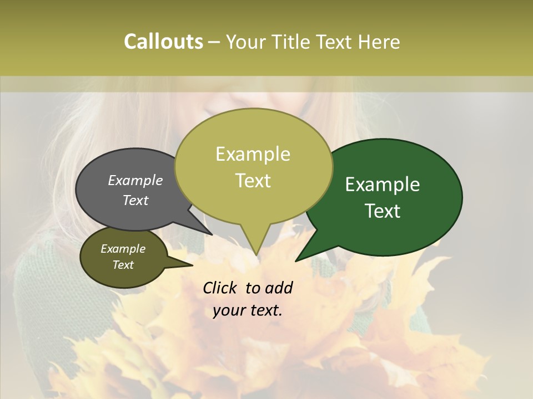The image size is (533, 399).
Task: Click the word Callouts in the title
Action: (163, 42)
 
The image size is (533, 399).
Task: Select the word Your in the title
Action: (248, 42)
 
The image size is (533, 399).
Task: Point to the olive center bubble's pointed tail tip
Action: (256, 255)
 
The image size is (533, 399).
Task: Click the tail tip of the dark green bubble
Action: (296, 260)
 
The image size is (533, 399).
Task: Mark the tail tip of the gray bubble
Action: (212, 234)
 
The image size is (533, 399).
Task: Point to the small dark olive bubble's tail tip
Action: (192, 265)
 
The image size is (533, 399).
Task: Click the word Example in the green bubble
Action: (383, 185)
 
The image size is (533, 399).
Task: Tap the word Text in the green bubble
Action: (383, 211)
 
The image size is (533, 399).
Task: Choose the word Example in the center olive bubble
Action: (253, 154)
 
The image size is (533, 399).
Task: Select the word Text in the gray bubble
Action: (135, 200)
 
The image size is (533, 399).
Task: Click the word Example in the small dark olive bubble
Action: (123, 249)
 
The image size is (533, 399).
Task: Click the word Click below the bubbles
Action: (220, 288)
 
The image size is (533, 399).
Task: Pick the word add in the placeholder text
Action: (279, 288)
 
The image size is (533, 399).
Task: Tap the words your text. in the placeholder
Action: (248, 310)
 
